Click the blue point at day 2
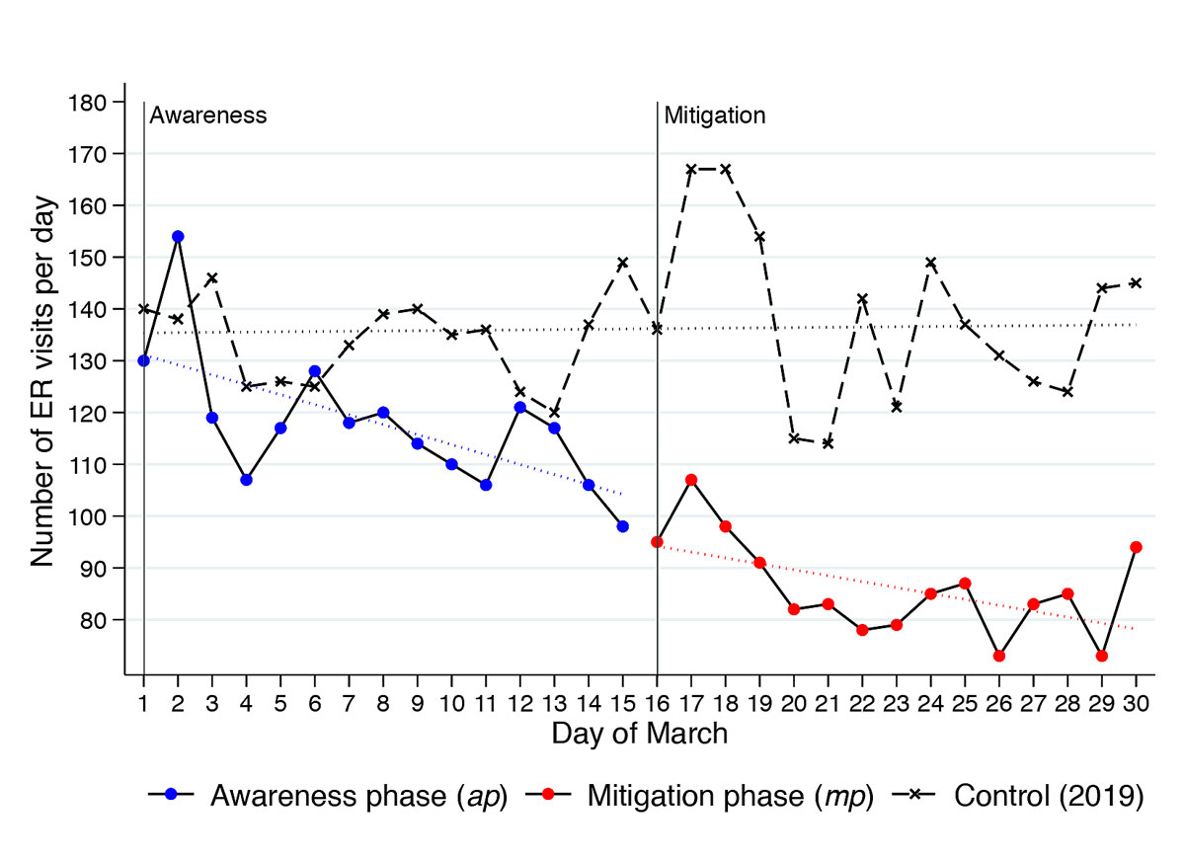point(178,237)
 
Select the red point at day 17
point(691,480)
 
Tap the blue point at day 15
point(622,526)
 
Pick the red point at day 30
point(1136,547)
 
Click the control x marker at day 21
point(828,443)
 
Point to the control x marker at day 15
point(622,263)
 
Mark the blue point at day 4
point(246,480)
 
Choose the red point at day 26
point(998,656)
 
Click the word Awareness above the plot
point(208,115)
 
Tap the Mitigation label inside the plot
point(714,115)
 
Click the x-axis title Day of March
point(640,734)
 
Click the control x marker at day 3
point(212,278)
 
